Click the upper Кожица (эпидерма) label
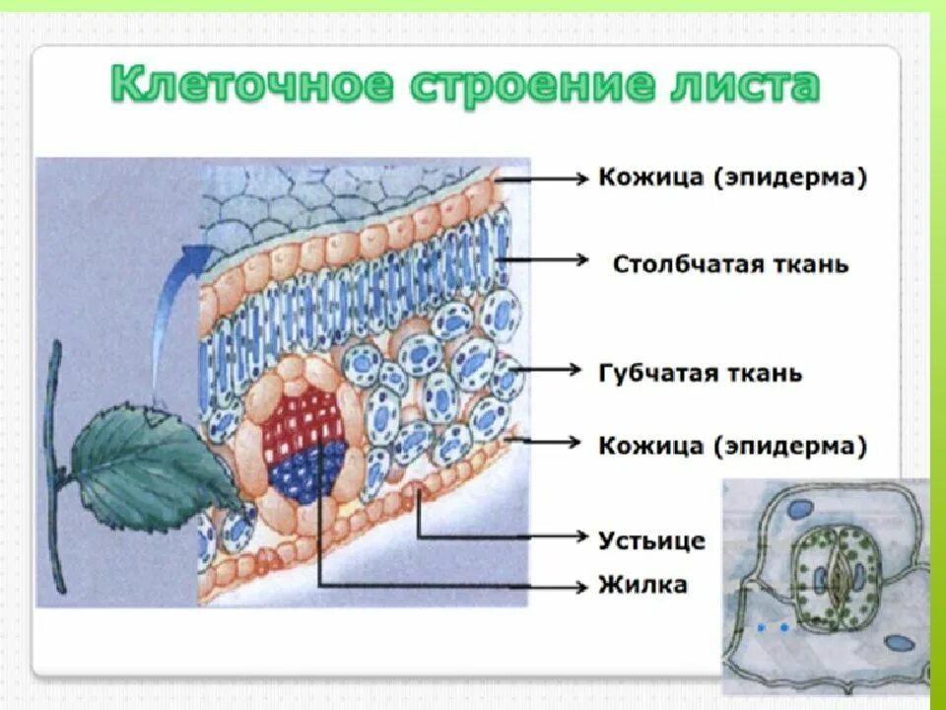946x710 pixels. [733, 178]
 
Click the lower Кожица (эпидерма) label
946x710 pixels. [733, 446]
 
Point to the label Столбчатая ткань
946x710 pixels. [730, 264]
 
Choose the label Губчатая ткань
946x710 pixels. [701, 374]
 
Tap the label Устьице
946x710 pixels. [651, 540]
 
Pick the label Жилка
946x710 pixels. [642, 585]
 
